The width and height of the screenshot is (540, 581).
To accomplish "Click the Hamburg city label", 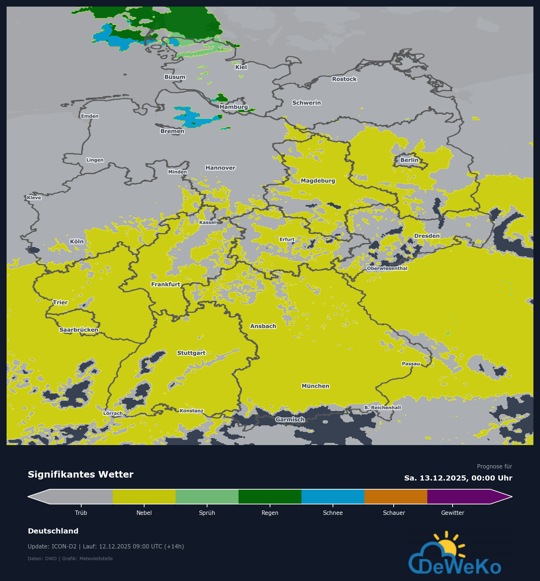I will pyautogui.click(x=234, y=107).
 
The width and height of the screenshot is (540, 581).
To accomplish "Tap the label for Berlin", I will pyautogui.click(x=409, y=160).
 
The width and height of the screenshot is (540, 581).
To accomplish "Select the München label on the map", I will pyautogui.click(x=315, y=386).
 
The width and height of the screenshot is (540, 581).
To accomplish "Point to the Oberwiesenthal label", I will pyautogui.click(x=387, y=268).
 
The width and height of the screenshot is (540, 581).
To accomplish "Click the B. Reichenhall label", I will pyautogui.click(x=382, y=407).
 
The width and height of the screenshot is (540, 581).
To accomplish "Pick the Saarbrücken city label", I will pyautogui.click(x=79, y=330).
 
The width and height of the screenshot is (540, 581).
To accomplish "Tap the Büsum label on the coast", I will pyautogui.click(x=175, y=77).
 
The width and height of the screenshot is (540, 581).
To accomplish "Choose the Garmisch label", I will pyautogui.click(x=290, y=419).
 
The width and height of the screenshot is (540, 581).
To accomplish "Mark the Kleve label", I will pyautogui.click(x=34, y=198).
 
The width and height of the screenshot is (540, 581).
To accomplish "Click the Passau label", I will pyautogui.click(x=411, y=364).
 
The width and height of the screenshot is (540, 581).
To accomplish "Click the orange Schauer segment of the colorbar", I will pyautogui.click(x=395, y=497).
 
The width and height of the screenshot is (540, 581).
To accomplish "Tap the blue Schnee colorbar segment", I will pyautogui.click(x=333, y=497).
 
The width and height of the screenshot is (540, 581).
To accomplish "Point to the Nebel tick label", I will pyautogui.click(x=144, y=513).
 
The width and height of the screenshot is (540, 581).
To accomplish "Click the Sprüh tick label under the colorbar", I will pyautogui.click(x=207, y=513).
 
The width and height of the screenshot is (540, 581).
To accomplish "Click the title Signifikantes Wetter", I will pyautogui.click(x=80, y=474).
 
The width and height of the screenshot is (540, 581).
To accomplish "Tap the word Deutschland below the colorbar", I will pyautogui.click(x=53, y=531).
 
